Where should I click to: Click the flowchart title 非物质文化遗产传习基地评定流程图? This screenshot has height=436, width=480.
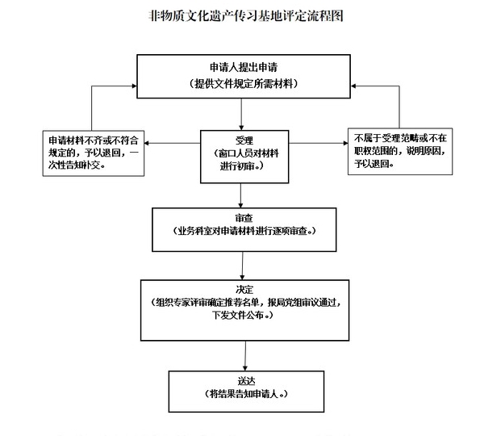[x=245, y=16]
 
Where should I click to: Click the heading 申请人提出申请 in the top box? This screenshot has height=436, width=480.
[x=244, y=67]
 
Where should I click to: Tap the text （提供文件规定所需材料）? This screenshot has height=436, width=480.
[x=244, y=83]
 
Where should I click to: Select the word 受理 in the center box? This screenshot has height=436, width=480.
[x=244, y=140]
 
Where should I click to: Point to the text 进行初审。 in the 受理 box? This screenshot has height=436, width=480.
[x=242, y=166]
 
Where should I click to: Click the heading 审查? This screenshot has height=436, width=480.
[x=244, y=218]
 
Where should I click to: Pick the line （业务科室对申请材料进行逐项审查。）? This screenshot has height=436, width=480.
[x=244, y=231]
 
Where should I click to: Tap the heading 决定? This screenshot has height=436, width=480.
[x=244, y=289]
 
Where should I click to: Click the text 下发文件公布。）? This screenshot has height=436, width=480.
[x=243, y=315]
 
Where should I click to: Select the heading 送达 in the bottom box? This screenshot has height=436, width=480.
[x=246, y=381]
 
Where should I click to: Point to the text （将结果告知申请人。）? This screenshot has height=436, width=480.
[x=246, y=393]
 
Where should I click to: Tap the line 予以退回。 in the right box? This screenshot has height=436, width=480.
[x=374, y=163]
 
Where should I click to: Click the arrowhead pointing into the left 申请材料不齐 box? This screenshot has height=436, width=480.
[x=147, y=143]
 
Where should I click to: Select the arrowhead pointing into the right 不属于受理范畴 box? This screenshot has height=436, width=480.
[x=345, y=143]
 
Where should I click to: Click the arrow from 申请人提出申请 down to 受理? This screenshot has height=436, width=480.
[x=241, y=115]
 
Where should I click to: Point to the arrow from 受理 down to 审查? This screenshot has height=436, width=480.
[x=240, y=195]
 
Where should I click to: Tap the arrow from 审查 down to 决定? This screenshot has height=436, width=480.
[x=243, y=266]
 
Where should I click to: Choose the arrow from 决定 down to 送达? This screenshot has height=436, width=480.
[x=245, y=356]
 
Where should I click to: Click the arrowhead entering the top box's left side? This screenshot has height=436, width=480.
[x=135, y=86]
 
